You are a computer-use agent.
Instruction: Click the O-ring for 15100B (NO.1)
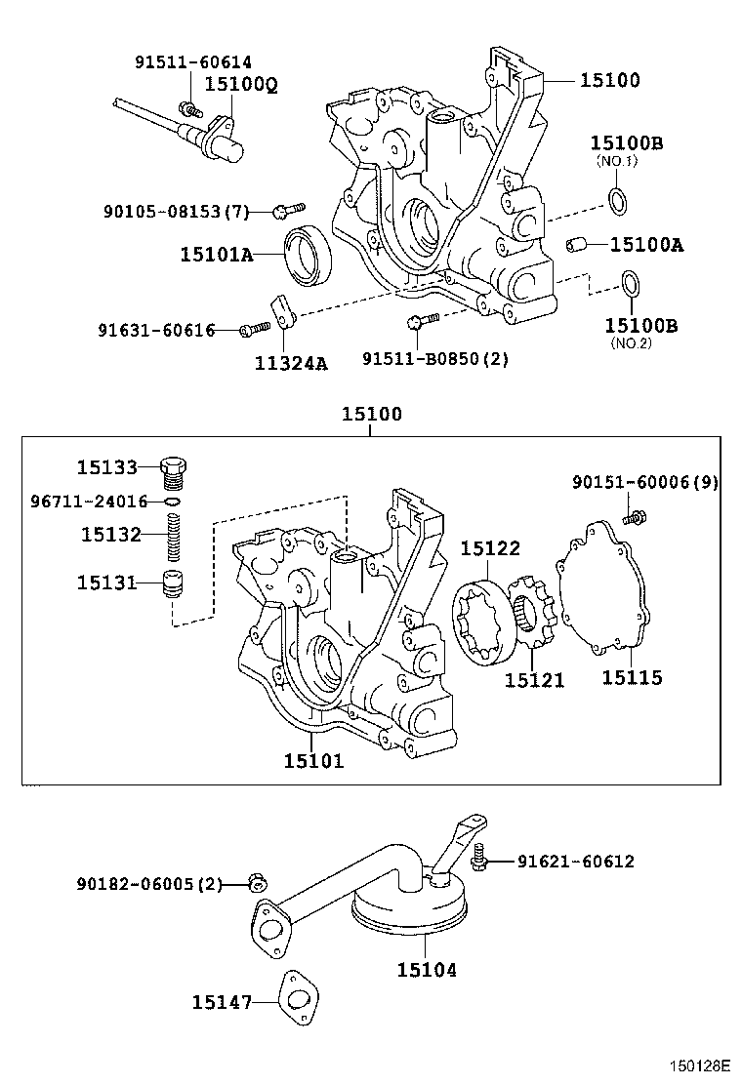(617, 202)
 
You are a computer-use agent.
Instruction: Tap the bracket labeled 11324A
(283, 312)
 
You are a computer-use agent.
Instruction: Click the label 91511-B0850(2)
(435, 359)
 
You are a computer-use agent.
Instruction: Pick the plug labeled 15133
(174, 470)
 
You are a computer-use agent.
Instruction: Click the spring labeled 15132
(174, 536)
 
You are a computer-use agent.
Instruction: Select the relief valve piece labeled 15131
(173, 585)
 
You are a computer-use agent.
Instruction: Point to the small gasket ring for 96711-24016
(172, 502)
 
